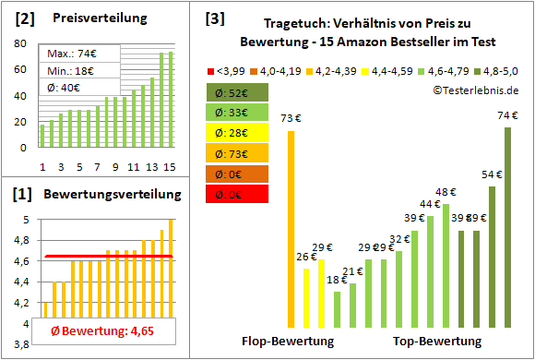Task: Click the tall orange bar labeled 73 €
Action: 291,229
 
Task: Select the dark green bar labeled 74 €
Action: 507,227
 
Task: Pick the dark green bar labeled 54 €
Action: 493,257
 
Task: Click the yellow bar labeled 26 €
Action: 307,297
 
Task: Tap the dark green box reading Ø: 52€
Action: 237,92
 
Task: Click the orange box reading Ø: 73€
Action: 237,153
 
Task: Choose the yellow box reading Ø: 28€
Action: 237,133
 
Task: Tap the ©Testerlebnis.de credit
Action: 475,90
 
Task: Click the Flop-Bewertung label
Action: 288,342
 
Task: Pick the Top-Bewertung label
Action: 437,342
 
